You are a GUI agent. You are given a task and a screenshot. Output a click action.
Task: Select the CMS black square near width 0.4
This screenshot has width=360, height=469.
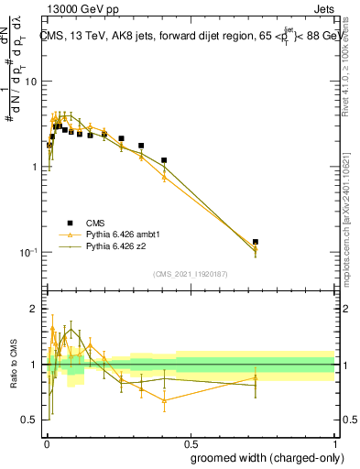(164, 160)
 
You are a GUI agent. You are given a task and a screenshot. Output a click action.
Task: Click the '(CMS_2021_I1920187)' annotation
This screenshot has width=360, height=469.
(190, 274)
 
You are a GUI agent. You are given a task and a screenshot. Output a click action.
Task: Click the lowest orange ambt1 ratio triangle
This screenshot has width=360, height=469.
(164, 400)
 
